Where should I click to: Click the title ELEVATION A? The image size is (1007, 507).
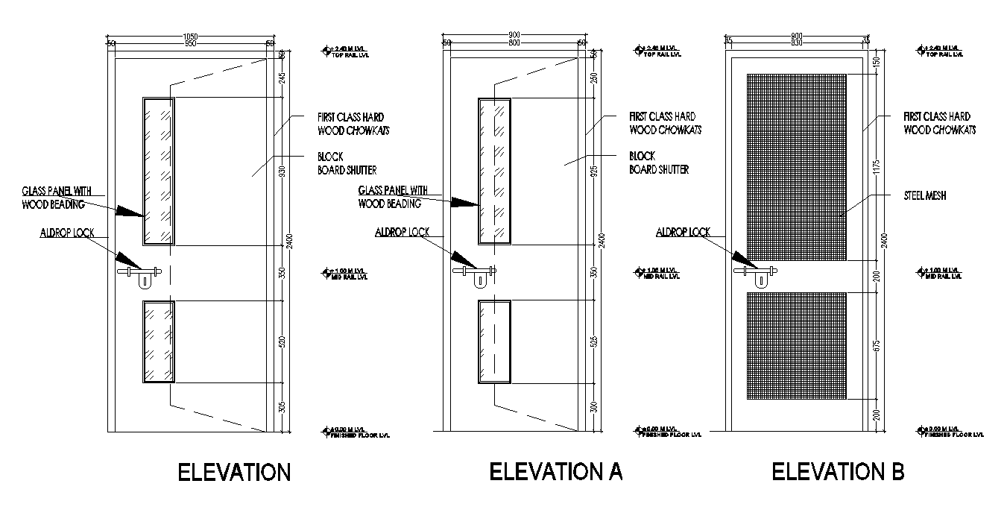click(x=555, y=471)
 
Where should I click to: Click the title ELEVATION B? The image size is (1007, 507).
click(x=838, y=471)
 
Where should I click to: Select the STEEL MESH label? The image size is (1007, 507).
click(x=915, y=195)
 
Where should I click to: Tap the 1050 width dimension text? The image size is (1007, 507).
click(x=190, y=36)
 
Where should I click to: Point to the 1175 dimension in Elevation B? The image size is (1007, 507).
click(x=877, y=166)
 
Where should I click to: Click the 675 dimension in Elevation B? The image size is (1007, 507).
click(x=877, y=346)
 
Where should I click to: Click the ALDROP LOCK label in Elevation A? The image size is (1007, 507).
click(x=402, y=233)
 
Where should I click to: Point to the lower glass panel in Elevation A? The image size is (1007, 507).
click(x=493, y=341)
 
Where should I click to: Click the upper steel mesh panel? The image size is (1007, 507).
click(x=796, y=166)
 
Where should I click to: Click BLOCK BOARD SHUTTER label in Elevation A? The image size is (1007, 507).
click(x=659, y=163)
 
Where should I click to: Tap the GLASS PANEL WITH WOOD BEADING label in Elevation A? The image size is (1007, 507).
click(x=393, y=197)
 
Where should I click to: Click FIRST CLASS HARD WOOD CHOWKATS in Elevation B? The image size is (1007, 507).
click(x=938, y=123)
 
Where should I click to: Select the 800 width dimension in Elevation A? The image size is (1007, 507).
click(x=514, y=43)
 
